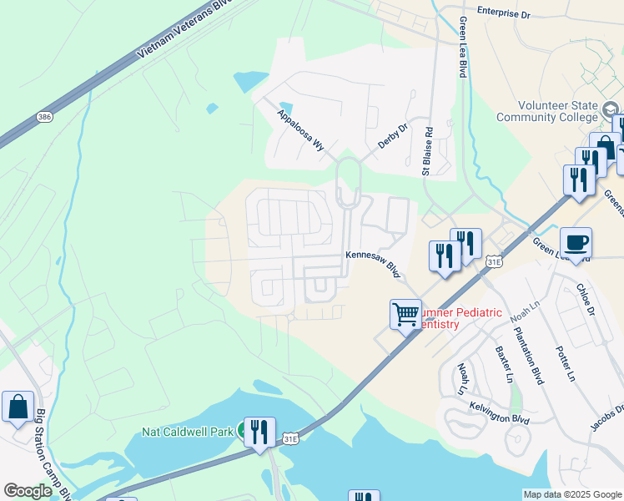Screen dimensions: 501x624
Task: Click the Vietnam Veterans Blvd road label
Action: [173, 30]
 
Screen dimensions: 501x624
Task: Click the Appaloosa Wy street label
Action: [300, 129]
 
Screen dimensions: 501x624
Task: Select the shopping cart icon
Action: [405, 315]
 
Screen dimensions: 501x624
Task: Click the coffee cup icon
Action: [576, 243]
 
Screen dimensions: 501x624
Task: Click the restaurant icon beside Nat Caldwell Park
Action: [259, 432]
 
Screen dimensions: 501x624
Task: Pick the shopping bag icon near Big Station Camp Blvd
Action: [18, 407]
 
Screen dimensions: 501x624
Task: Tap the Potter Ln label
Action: [565, 363]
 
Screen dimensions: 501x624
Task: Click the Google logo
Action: [28, 490]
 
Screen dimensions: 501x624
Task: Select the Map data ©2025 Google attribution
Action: [571, 493]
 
